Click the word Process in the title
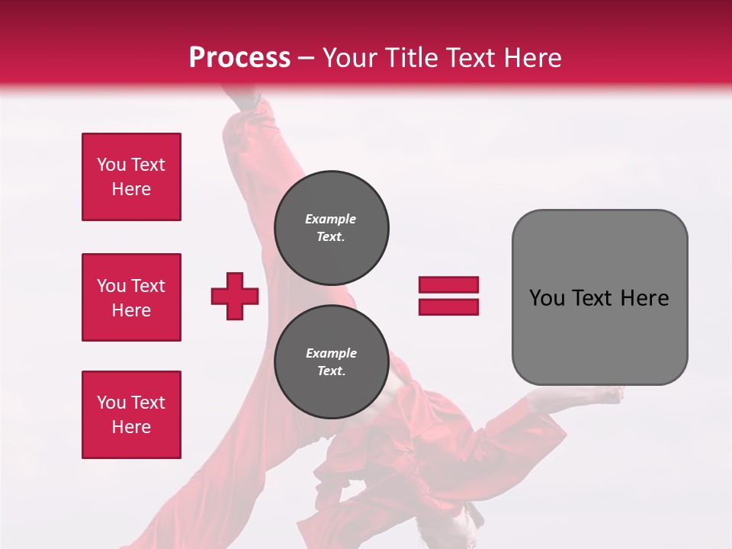click(239, 58)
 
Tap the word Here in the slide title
click(531, 58)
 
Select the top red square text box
click(131, 177)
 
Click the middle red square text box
click(131, 297)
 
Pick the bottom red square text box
click(131, 415)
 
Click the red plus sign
click(235, 296)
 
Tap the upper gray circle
click(331, 227)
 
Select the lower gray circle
click(331, 362)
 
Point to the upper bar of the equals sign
click(448, 284)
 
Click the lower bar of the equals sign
click(448, 307)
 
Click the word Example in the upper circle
click(330, 219)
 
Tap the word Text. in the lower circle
click(331, 371)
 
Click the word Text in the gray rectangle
click(592, 298)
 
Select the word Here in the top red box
click(131, 189)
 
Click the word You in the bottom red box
click(111, 403)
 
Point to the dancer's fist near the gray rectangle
click(609, 394)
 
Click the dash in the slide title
click(306, 58)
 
